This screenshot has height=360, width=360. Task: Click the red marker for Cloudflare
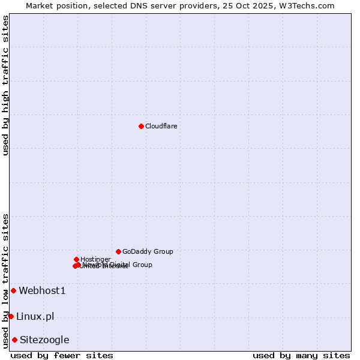(x=141, y=126)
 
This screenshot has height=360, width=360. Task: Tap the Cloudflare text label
(x=161, y=126)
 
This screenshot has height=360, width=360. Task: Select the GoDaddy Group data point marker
(x=118, y=251)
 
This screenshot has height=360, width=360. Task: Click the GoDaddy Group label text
(x=148, y=251)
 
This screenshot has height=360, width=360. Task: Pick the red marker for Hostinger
(x=76, y=259)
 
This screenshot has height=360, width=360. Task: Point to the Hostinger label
(x=95, y=259)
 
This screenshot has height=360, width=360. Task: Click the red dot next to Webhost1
(x=13, y=290)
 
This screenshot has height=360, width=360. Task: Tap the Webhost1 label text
(x=42, y=290)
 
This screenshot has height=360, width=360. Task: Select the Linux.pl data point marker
(x=11, y=316)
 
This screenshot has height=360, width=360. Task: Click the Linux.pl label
(x=35, y=316)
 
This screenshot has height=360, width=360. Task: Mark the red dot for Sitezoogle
(x=14, y=340)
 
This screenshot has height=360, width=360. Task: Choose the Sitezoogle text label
(x=44, y=340)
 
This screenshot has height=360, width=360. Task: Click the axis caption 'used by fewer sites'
(x=62, y=355)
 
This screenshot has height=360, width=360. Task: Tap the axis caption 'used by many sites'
(x=301, y=355)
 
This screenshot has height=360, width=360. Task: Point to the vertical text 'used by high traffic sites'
(x=5, y=85)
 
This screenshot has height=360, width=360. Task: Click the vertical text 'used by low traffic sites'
(x=5, y=281)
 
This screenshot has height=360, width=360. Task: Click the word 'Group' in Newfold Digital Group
(x=142, y=265)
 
